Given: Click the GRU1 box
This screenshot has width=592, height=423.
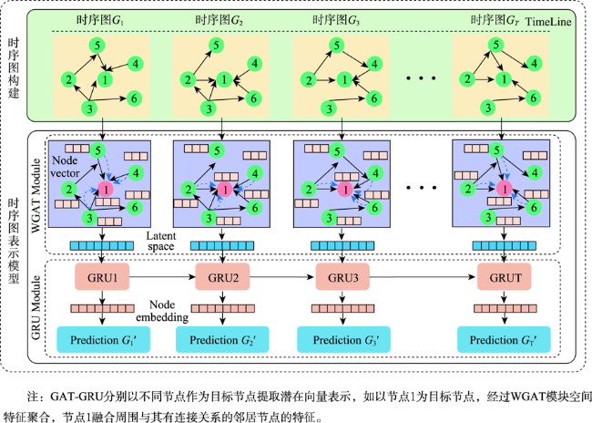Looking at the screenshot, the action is coord(102,277).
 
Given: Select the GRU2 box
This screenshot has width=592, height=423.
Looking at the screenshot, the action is coord(222,277).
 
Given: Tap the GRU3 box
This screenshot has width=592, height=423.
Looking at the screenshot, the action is coord(342,277).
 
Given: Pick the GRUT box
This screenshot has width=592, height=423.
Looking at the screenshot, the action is coord(505,277).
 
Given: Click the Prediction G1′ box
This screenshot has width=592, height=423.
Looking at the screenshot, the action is coord(103,340).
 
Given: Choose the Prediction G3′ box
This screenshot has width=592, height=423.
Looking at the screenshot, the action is coord(343,340).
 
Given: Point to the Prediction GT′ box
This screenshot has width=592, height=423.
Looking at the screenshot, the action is coord(504,340).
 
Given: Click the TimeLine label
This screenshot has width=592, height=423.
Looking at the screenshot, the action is coord(548,22).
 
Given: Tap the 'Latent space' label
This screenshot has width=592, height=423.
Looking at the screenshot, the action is coord(161,242).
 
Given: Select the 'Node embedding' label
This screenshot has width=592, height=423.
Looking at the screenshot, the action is coord(162,311).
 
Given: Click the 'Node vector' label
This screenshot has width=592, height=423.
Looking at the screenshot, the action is coord(65,167).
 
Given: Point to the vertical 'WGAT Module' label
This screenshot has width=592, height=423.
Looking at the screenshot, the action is coord(36,195).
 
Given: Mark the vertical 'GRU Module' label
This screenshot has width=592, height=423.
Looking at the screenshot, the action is coord(36,307).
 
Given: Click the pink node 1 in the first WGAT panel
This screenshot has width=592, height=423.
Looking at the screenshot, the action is coord(106,189).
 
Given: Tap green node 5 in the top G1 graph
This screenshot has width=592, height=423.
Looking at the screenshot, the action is coord(97,46).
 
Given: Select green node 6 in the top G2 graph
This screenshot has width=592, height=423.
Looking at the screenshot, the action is coord(253,98).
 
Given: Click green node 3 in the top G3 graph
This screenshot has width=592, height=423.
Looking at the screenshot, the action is coord(329,108).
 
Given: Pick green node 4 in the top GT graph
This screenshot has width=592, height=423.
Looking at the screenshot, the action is coord(534,64).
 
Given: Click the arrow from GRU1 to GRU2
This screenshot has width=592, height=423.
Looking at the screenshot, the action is coord(162,277).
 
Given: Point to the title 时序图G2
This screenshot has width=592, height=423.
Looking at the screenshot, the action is coord(219,20).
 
